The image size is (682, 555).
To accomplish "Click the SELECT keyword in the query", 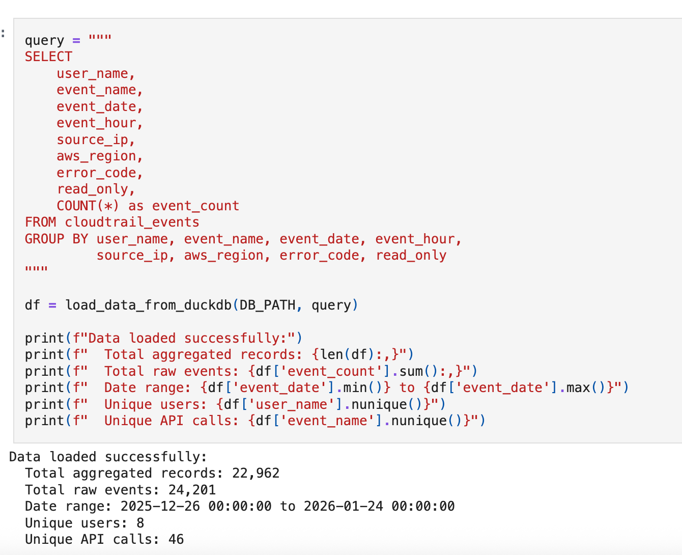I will (48, 57).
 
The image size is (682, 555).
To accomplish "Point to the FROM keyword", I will (40, 222).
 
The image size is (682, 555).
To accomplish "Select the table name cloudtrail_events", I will (132, 222).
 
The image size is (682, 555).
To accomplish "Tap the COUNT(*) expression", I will (88, 206).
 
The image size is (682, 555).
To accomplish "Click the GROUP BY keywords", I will (56, 239).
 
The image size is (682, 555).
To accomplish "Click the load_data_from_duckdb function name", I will (148, 305).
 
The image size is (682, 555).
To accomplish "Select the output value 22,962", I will (255, 473).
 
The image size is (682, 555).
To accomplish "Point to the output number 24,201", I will (192, 490).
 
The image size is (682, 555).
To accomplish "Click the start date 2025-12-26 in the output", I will (160, 506).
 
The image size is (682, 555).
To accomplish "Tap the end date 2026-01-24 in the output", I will (343, 506).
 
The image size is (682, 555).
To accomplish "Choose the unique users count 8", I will (140, 523).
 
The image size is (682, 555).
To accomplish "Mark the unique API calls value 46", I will (176, 539).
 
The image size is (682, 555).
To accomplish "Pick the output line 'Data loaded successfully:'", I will (108, 457).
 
